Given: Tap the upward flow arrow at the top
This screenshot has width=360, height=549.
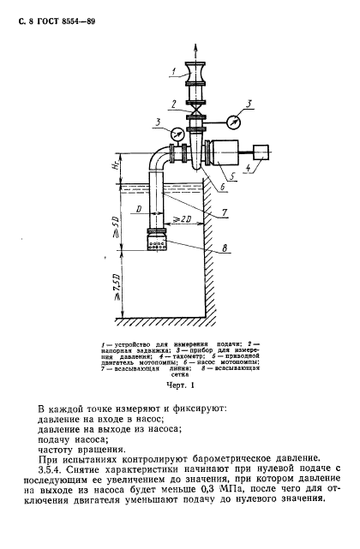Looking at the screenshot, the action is click(x=195, y=53).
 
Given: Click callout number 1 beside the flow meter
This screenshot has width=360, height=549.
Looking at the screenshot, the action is click(x=174, y=73).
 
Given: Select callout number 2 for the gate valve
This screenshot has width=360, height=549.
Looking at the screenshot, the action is click(x=173, y=104).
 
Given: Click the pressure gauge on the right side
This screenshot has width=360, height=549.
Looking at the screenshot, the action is click(x=234, y=122).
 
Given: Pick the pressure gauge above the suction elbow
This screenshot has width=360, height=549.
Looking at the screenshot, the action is click(x=177, y=134).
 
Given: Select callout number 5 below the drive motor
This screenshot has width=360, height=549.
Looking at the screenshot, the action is click(x=232, y=176).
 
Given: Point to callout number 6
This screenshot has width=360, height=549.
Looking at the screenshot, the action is click(x=221, y=188).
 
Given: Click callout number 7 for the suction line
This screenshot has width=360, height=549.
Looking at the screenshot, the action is click(x=225, y=212).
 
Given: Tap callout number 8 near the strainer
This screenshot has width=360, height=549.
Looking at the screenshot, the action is click(x=225, y=248).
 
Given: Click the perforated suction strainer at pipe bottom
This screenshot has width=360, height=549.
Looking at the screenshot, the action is click(x=157, y=242).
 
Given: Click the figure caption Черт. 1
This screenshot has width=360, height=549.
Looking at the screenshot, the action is click(x=180, y=385).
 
